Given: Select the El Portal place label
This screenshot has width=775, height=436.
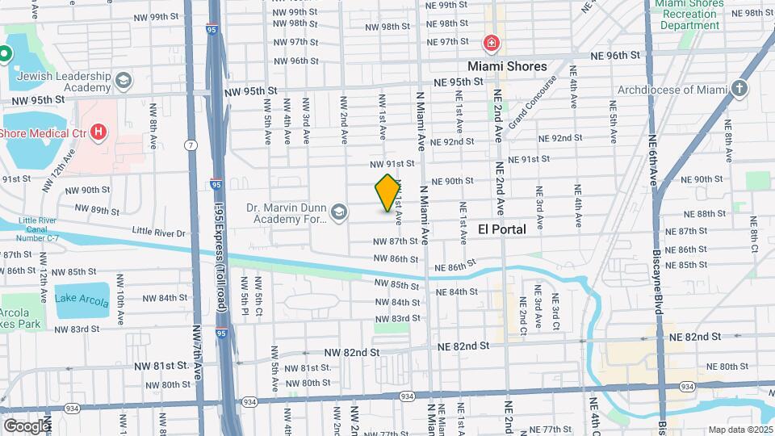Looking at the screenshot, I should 501,229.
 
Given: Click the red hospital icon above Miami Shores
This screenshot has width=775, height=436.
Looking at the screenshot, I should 490,43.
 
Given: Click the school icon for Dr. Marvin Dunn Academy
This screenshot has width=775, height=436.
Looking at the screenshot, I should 339,214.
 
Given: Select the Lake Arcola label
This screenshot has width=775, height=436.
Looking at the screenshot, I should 82,298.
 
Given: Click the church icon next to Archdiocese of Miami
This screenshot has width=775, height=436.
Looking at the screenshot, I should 740,90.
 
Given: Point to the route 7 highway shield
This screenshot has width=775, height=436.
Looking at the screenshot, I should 191,145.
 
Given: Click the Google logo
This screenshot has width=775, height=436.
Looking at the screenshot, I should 27,426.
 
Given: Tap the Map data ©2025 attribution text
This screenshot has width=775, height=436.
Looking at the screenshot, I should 738,430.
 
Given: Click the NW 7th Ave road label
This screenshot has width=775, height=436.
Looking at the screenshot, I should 197,354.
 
